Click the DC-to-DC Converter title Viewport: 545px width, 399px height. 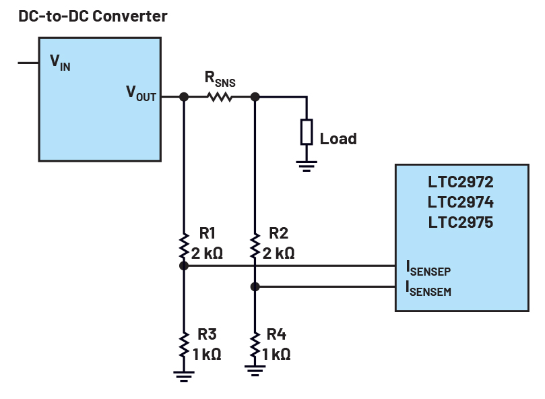point(92,16)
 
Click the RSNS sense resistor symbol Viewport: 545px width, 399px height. point(220,97)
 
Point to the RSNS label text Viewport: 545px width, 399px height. point(220,80)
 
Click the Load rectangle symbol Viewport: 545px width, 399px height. point(307,131)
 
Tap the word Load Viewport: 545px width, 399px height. point(338,139)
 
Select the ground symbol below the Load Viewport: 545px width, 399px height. point(307,166)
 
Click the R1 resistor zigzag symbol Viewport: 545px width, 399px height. point(183,247)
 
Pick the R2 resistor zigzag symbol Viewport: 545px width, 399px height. point(255,247)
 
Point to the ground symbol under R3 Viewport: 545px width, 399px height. point(183,376)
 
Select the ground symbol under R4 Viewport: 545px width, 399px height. point(255,370)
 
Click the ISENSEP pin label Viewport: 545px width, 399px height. point(428,270)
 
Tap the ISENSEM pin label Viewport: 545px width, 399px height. point(428,290)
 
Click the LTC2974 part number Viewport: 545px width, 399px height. point(461,202)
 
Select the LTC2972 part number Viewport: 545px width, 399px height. point(461,183)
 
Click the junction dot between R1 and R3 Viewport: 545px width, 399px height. point(183,266)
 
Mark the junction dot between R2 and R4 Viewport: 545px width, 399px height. point(255,286)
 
